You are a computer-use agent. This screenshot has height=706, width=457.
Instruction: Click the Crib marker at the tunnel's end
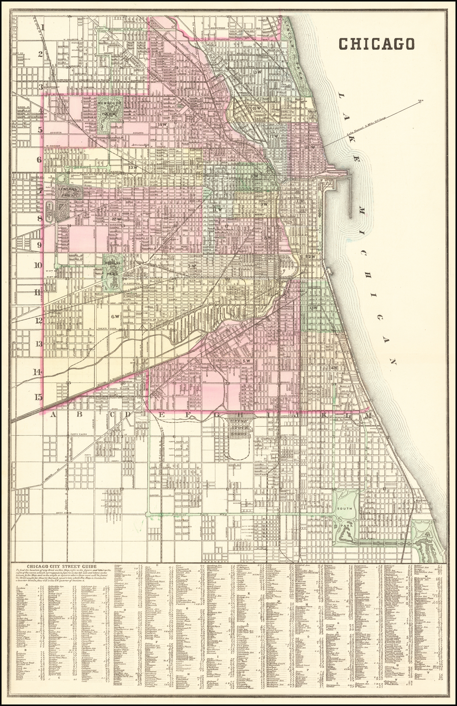point(420,101)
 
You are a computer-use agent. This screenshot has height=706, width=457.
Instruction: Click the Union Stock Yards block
point(240,428)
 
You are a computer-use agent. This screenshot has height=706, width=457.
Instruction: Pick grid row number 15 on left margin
point(39,397)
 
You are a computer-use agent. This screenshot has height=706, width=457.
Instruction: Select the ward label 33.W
point(313,308)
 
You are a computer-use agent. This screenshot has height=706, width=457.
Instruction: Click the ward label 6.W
point(116,316)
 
